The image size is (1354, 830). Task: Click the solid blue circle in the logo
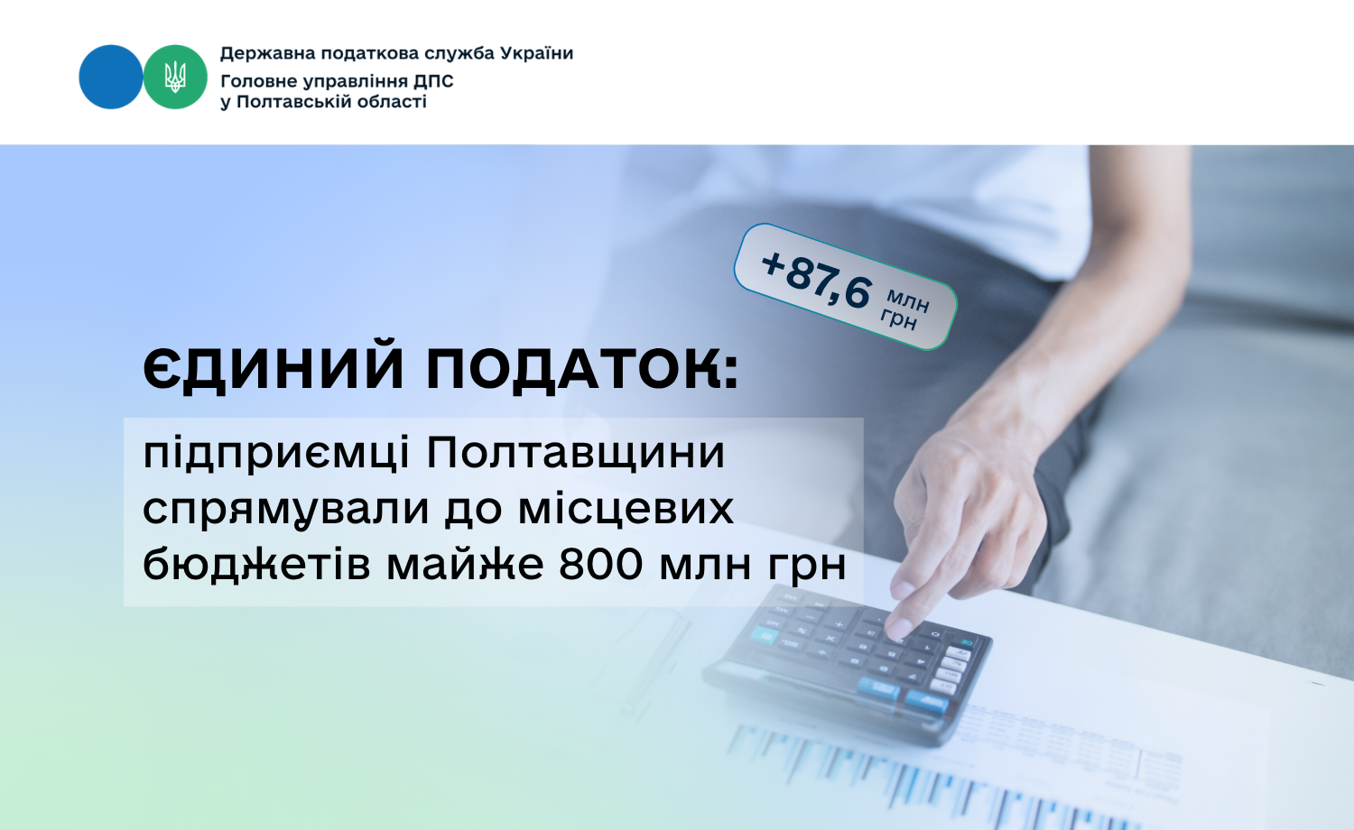coord(111,77)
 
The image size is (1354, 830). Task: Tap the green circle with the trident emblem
coord(175,77)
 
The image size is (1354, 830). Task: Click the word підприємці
coord(276,455)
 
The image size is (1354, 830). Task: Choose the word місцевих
coord(626,509)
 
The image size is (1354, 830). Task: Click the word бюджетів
coord(256,564)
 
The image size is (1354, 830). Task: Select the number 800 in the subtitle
coord(600,565)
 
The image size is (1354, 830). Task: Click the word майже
coord(465,566)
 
